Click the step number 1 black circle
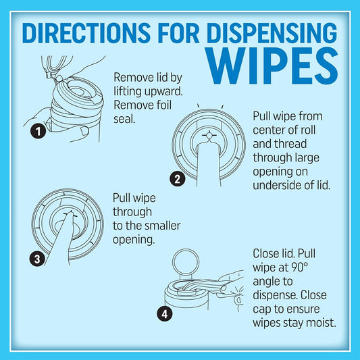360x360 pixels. [38, 131]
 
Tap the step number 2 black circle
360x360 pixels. [178, 179]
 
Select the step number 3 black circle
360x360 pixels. [37, 259]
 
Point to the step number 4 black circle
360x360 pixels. [165, 313]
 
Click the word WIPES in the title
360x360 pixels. [272, 66]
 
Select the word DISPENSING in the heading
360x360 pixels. [272, 32]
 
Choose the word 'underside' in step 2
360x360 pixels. [277, 185]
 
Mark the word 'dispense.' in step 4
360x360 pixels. [275, 296]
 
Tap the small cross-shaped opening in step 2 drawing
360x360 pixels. [209, 136]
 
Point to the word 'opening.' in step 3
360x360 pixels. [134, 240]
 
